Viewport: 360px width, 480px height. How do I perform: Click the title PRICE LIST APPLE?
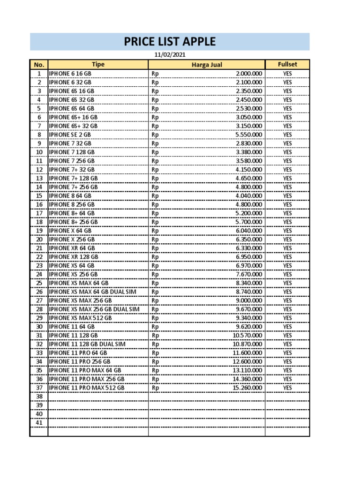click(170, 42)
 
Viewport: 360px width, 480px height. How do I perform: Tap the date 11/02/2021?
click(170, 55)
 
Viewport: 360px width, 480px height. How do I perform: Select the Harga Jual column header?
click(207, 65)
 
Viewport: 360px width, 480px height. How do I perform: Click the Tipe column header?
click(98, 64)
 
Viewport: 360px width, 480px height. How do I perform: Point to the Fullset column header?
click(287, 64)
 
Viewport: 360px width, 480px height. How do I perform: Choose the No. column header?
click(39, 65)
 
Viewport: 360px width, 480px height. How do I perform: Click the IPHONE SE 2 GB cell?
click(71, 135)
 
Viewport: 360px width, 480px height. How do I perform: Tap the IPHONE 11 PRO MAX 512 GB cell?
click(87, 388)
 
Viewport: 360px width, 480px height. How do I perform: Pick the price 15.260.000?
click(247, 388)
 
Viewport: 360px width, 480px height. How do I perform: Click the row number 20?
click(39, 239)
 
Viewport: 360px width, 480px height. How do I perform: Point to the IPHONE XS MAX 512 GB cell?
click(80, 318)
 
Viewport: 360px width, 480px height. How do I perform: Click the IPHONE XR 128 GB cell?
click(74, 257)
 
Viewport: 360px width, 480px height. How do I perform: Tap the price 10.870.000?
click(247, 344)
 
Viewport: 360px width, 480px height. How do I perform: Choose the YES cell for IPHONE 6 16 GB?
click(287, 74)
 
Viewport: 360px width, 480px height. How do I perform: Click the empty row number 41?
click(39, 422)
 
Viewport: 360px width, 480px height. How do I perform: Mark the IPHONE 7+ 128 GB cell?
click(73, 178)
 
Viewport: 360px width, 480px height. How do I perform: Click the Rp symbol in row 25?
click(155, 283)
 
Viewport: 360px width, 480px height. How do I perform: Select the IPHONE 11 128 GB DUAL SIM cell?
click(87, 344)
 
